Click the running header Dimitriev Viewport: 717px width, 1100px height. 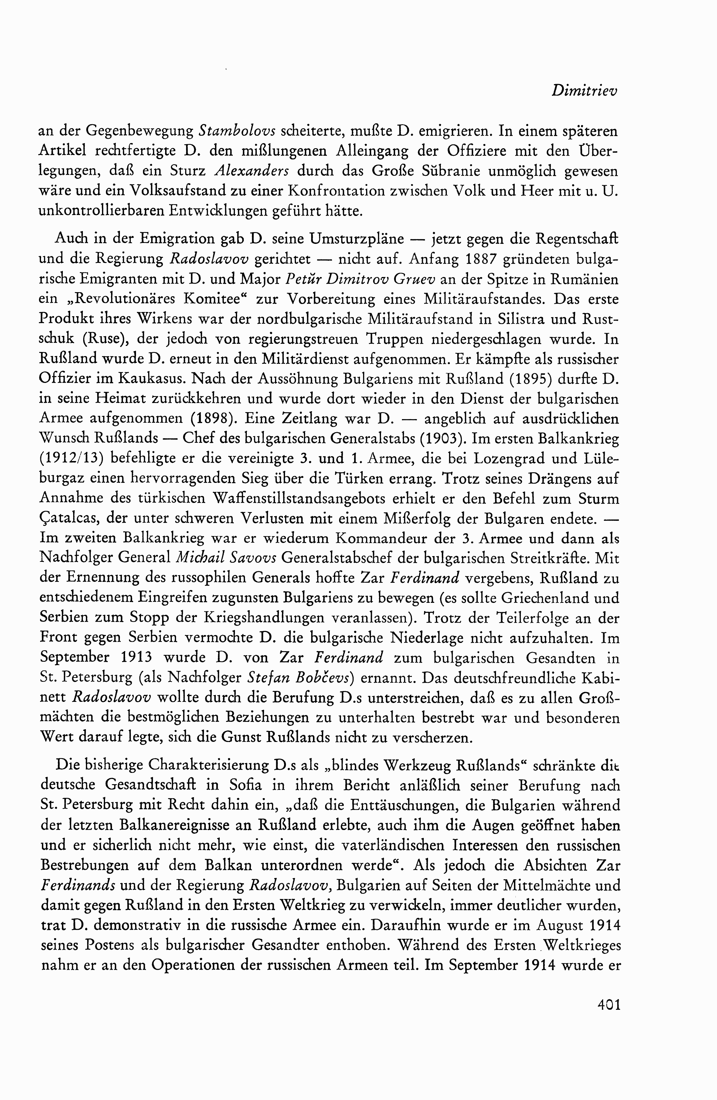[584, 91]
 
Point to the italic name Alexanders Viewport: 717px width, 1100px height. [252, 171]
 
